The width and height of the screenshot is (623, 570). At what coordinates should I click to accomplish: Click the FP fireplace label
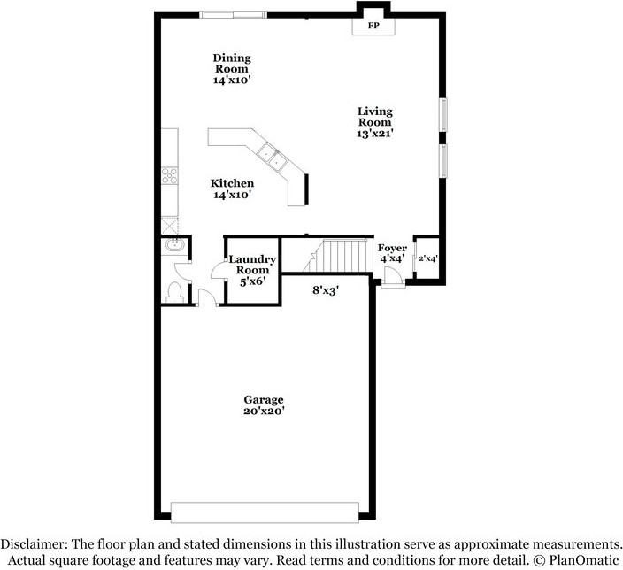[373, 27]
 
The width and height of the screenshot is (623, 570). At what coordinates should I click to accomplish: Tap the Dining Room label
[231, 64]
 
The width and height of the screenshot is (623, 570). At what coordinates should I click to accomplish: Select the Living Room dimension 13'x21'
[375, 133]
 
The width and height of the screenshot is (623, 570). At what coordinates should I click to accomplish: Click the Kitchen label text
[232, 183]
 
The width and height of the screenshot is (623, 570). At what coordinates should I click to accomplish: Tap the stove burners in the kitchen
[169, 176]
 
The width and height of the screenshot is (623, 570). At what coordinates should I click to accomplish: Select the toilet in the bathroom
[173, 290]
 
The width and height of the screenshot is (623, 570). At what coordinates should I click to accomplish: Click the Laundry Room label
[252, 264]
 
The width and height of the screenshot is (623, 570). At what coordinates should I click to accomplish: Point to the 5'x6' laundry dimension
[252, 281]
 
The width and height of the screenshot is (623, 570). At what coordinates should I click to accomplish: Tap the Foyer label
[392, 248]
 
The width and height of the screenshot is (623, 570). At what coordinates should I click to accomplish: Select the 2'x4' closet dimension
[427, 259]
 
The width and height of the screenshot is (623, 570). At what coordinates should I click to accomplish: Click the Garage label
[265, 399]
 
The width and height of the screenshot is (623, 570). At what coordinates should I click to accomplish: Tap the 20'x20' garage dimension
[265, 411]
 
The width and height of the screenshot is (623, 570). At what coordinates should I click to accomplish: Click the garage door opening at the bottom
[265, 511]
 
